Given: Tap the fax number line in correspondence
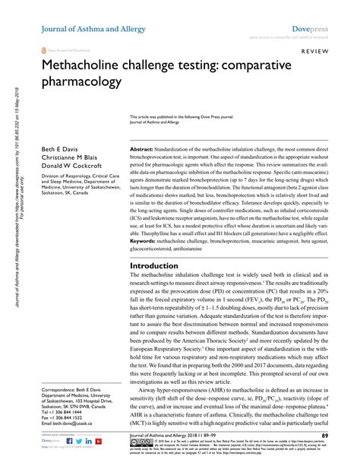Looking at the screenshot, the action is [x=66, y=416].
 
